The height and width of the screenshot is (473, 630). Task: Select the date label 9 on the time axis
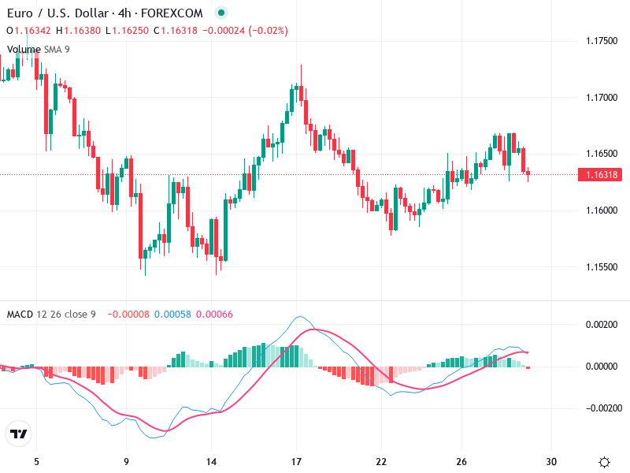tap(126, 462)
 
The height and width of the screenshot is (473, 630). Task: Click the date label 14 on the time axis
tap(210, 462)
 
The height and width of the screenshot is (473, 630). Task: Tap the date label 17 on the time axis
tap(296, 462)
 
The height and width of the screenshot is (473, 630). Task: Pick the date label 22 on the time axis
tap(381, 462)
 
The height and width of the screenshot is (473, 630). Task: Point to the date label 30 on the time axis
tap(551, 462)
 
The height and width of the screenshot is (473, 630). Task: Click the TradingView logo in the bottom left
tap(19, 434)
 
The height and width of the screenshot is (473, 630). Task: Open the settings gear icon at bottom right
tap(604, 462)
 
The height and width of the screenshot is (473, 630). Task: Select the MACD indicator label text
tap(20, 315)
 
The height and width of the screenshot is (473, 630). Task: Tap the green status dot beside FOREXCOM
tap(221, 13)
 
